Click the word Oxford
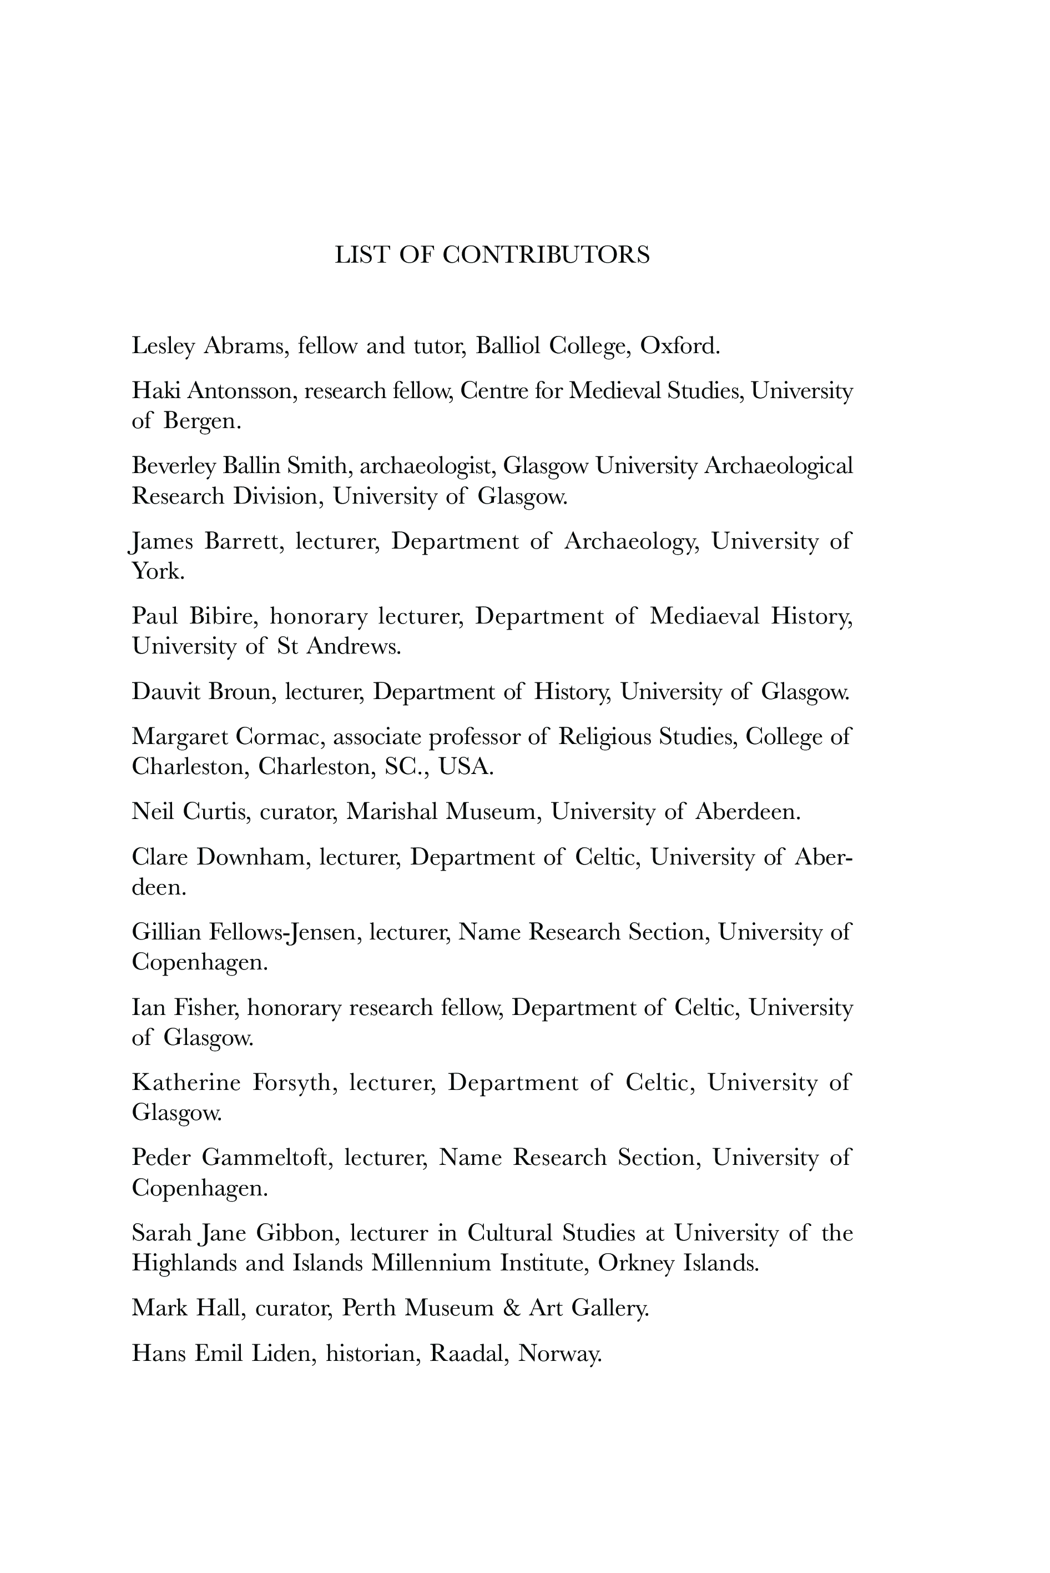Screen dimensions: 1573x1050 679,346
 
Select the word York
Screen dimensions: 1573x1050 158,571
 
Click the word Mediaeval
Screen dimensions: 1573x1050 704,616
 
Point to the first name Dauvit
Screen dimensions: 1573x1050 165,691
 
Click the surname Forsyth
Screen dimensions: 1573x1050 292,1083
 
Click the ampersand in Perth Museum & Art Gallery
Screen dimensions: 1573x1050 511,1308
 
